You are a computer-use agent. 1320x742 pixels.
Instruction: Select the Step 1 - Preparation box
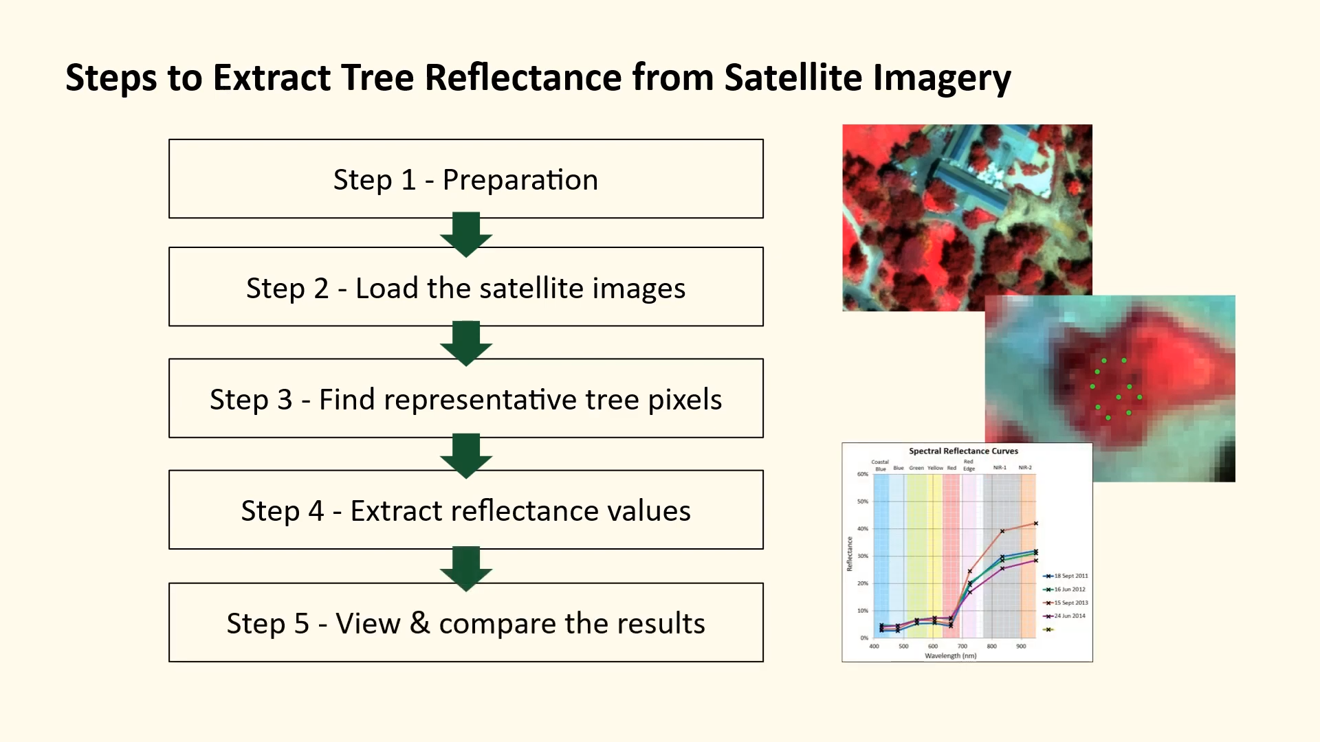pyautogui.click(x=465, y=179)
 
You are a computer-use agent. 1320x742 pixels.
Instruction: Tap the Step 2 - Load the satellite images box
pyautogui.click(x=465, y=287)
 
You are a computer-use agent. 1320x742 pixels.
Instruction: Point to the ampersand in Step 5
pyautogui.click(x=419, y=622)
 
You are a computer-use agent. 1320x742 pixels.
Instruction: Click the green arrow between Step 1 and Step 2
pyautogui.click(x=466, y=234)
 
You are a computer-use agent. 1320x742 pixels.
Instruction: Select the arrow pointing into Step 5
pyautogui.click(x=466, y=567)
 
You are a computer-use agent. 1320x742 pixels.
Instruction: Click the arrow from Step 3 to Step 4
pyautogui.click(x=466, y=455)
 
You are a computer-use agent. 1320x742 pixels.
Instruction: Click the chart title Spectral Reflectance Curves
pyautogui.click(x=963, y=451)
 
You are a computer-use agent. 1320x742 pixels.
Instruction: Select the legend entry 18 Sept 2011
pyautogui.click(x=1070, y=576)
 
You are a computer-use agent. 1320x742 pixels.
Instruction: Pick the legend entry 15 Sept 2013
pyautogui.click(x=1070, y=603)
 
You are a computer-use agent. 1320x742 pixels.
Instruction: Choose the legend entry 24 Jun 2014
pyautogui.click(x=1069, y=616)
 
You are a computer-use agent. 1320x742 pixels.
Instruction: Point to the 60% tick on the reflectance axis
pyautogui.click(x=862, y=474)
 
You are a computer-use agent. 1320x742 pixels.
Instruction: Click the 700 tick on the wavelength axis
pyautogui.click(x=962, y=646)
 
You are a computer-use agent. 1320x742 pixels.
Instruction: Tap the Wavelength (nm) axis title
pyautogui.click(x=950, y=655)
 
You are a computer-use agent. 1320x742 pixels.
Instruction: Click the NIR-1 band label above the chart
pyautogui.click(x=1000, y=468)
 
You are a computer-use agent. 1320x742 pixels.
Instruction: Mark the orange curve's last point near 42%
pyautogui.click(x=1035, y=524)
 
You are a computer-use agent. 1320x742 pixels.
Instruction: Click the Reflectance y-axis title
pyautogui.click(x=849, y=554)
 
